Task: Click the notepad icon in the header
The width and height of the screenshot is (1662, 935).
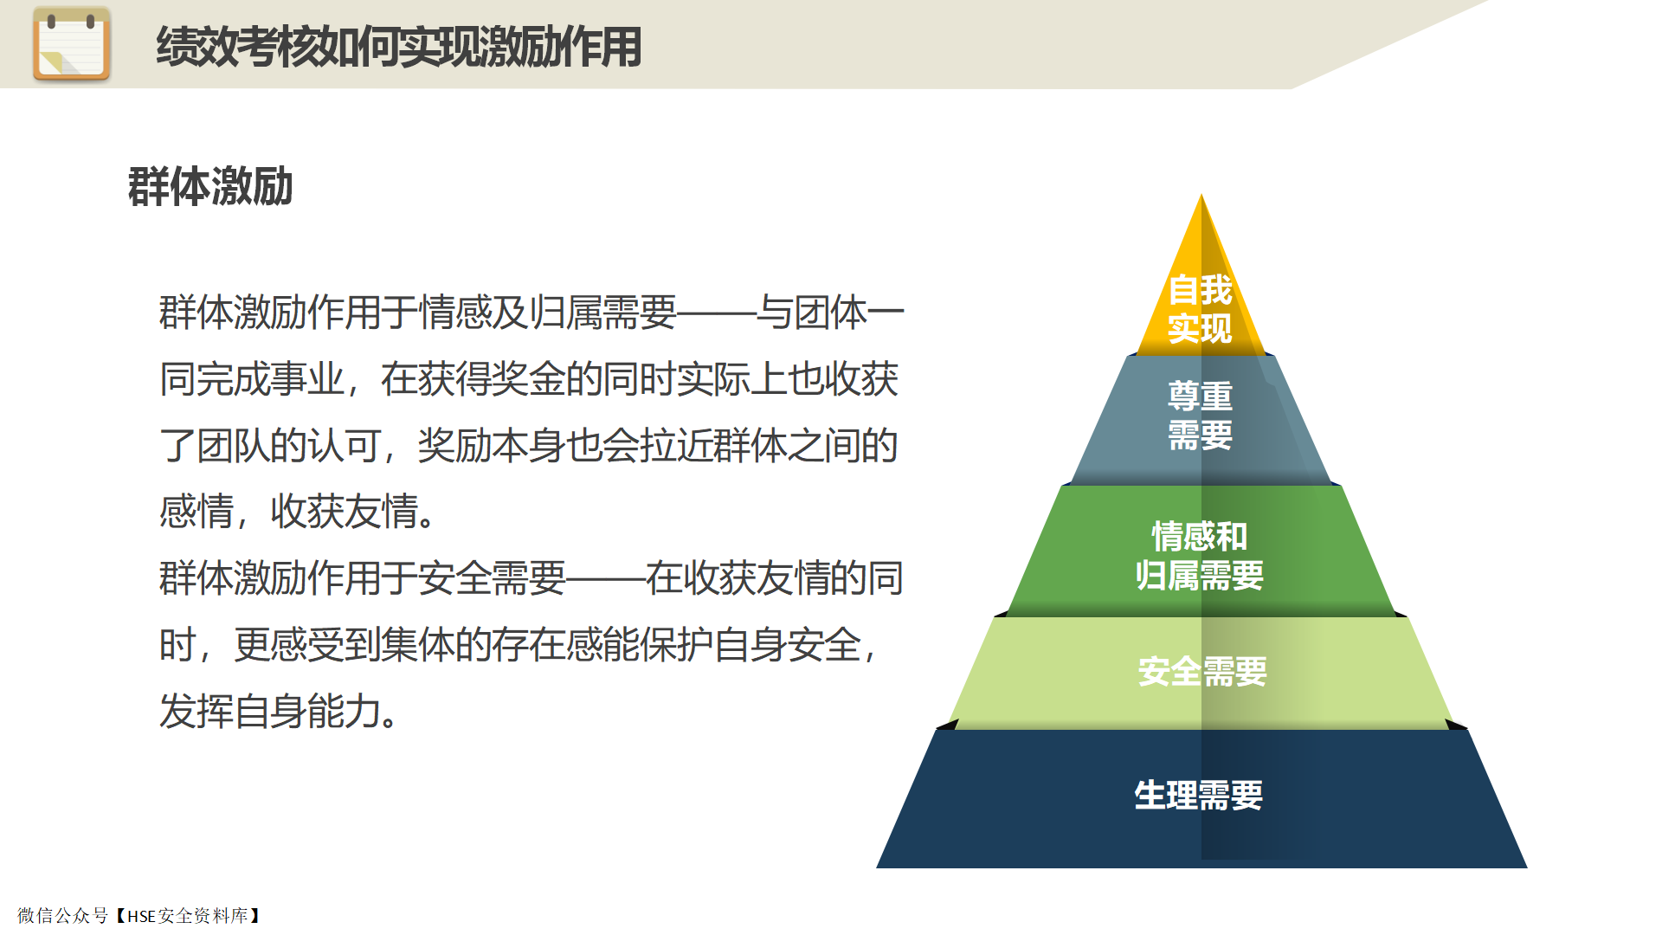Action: click(x=72, y=44)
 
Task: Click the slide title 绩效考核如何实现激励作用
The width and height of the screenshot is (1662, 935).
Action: click(x=399, y=47)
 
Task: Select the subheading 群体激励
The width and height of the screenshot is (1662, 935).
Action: click(x=210, y=186)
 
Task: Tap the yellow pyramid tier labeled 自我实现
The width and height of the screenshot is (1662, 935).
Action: click(x=1201, y=286)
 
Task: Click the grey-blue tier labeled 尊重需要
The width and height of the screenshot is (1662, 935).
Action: click(x=1201, y=419)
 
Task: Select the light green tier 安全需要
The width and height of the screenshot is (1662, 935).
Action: click(x=1201, y=672)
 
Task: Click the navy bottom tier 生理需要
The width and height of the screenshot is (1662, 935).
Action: click(x=1201, y=797)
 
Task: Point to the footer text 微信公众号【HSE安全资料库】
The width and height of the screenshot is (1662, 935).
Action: click(x=140, y=916)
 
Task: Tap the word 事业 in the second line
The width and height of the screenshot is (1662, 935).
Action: click(x=307, y=379)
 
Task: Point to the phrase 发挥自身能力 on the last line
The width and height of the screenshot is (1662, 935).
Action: click(x=270, y=712)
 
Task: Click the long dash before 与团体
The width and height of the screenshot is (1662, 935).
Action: click(x=716, y=313)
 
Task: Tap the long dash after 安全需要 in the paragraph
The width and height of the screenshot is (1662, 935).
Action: click(x=605, y=578)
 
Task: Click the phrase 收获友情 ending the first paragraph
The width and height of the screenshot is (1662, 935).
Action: click(x=345, y=512)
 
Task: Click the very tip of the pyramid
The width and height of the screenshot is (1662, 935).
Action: click(x=1201, y=195)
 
